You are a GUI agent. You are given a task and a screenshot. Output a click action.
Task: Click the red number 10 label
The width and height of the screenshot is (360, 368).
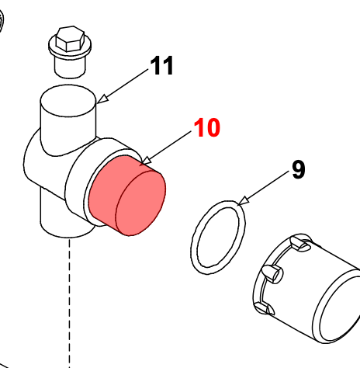pyautogui.click(x=207, y=127)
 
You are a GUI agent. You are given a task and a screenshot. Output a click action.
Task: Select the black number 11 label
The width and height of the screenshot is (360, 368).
pyautogui.click(x=162, y=65)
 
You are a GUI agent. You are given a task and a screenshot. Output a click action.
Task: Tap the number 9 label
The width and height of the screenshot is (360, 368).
pyautogui.click(x=299, y=169)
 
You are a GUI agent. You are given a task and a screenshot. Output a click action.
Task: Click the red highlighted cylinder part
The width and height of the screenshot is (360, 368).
pyautogui.click(x=126, y=196)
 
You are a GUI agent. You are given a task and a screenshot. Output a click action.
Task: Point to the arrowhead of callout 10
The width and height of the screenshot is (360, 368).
pyautogui.click(x=146, y=161)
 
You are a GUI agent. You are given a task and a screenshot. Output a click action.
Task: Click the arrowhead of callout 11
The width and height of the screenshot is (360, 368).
pyautogui.click(x=103, y=99)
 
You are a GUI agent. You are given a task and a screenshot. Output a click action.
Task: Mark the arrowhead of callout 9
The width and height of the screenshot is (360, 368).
pyautogui.click(x=244, y=201)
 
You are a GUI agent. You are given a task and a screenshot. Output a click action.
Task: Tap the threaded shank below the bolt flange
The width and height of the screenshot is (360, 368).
pyautogui.click(x=70, y=67)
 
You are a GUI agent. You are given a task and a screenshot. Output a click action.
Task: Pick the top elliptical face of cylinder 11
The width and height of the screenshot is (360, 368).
pyautogui.click(x=68, y=100)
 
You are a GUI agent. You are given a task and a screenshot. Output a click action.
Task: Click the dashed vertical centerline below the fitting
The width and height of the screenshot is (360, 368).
pyautogui.click(x=69, y=303)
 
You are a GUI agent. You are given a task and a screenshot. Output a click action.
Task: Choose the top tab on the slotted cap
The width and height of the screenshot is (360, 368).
pyautogui.click(x=300, y=244)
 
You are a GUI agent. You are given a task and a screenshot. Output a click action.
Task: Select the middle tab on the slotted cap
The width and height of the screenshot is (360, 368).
pyautogui.click(x=272, y=273)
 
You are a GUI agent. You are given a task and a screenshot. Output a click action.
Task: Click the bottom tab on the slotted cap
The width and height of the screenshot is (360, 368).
pyautogui.click(x=264, y=308)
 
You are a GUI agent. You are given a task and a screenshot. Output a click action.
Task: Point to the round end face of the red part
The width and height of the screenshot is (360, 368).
pyautogui.click(x=140, y=203)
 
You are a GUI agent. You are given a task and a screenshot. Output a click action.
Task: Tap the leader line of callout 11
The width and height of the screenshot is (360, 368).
pyautogui.click(x=126, y=85)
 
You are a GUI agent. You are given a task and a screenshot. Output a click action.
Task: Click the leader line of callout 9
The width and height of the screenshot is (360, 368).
pyautogui.click(x=267, y=187)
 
